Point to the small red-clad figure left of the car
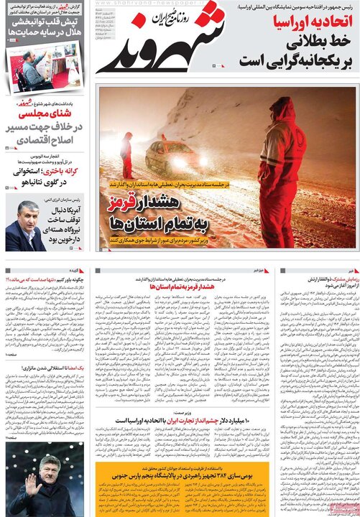coord(126,154)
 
